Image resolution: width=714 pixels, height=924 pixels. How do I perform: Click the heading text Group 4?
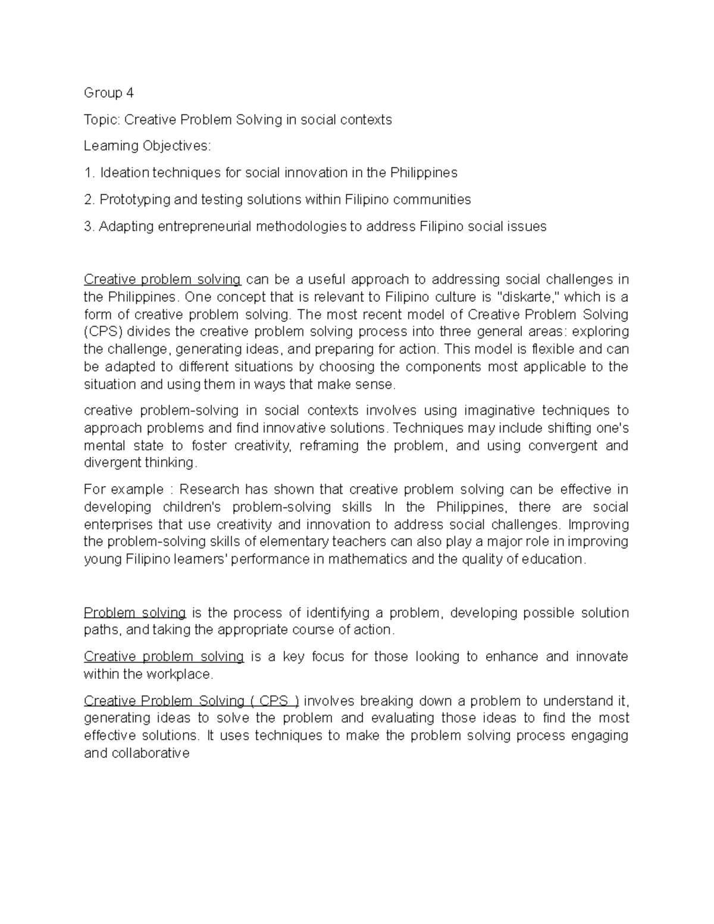point(108,93)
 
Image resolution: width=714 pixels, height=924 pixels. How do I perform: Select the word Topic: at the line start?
point(102,120)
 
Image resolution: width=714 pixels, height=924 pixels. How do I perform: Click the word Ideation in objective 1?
point(124,173)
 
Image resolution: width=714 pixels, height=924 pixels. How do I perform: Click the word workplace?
point(181,675)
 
